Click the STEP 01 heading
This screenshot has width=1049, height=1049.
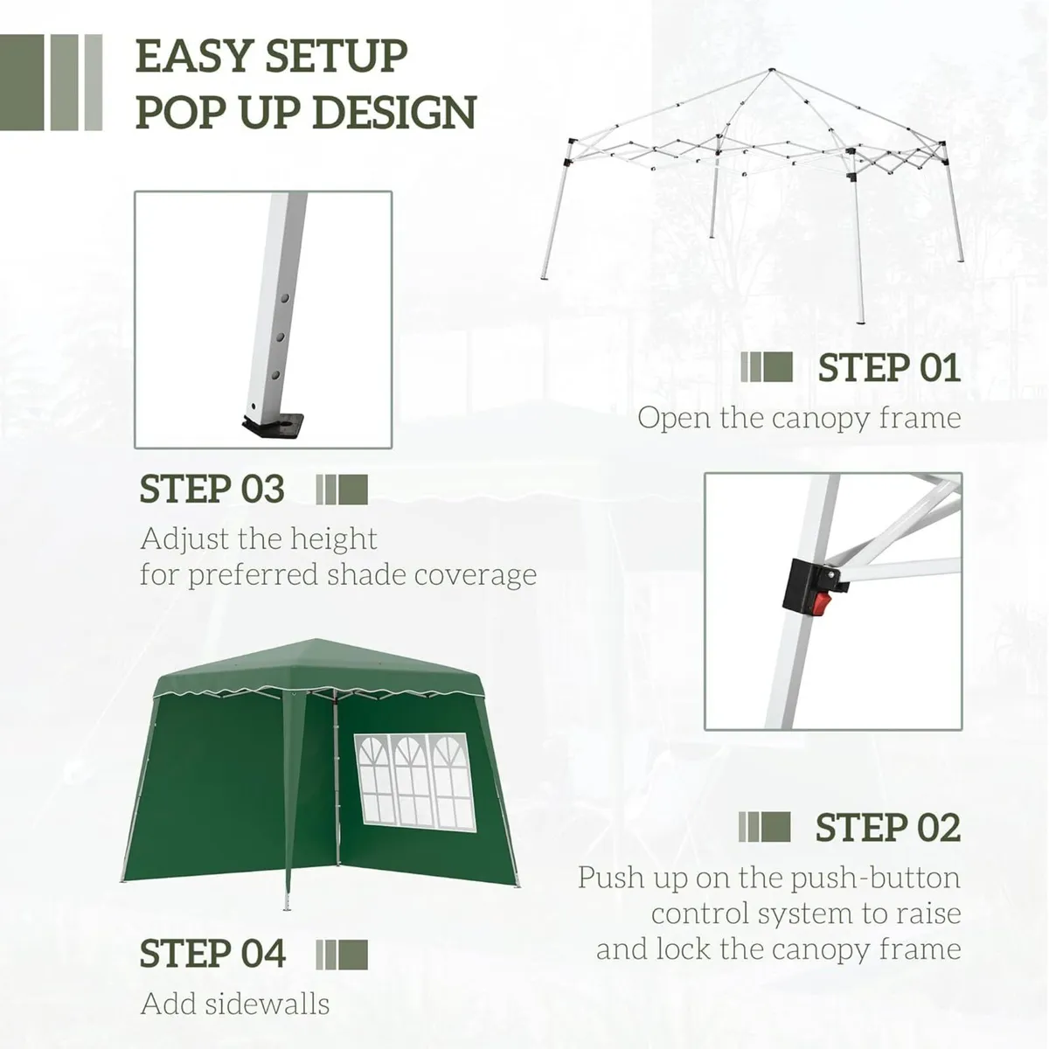889,368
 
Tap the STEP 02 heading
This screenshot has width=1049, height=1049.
887,828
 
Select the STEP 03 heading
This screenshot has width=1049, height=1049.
212,490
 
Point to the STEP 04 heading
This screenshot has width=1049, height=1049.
212,954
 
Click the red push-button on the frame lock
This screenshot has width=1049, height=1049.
823,604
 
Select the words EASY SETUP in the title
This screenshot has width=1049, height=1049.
272,57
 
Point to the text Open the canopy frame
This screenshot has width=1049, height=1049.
799,418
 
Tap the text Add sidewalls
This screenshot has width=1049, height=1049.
235,1004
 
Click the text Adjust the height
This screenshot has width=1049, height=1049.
259,538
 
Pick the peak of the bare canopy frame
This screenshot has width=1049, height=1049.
770,71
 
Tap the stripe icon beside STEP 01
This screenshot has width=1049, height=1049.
767,368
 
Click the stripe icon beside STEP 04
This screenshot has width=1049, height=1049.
342,954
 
